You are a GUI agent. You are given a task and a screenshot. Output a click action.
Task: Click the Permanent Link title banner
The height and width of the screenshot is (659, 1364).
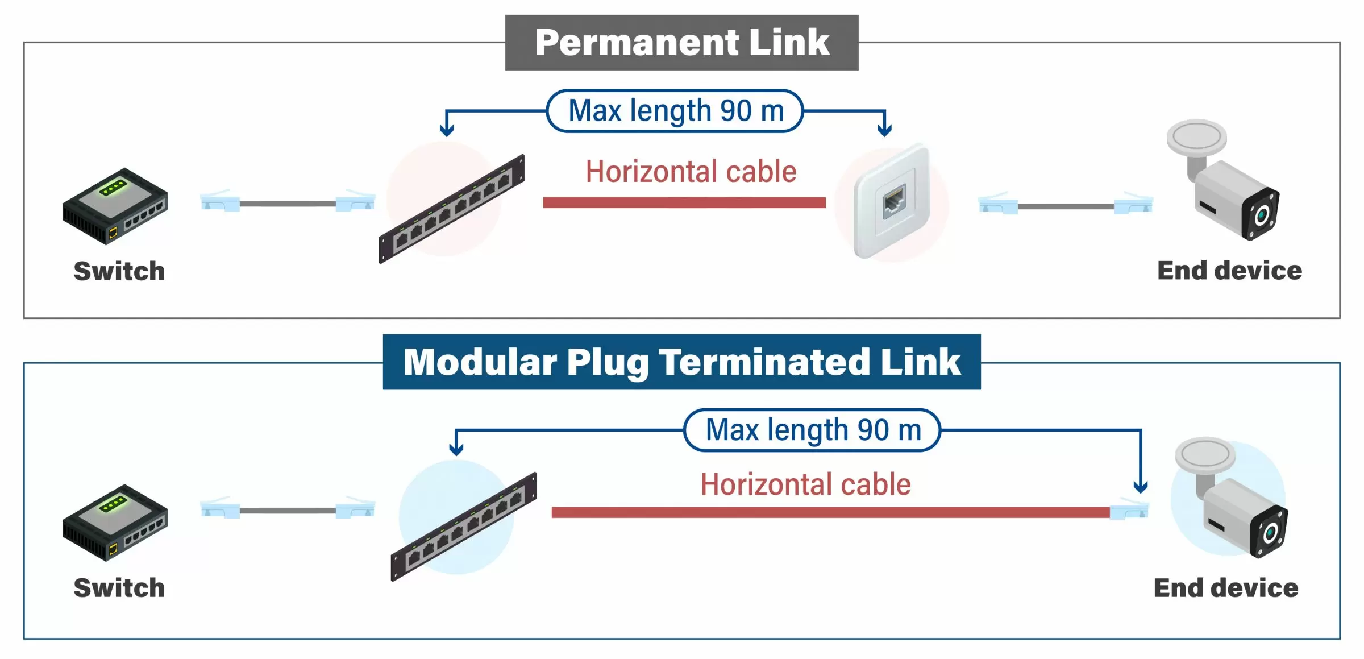[681, 43]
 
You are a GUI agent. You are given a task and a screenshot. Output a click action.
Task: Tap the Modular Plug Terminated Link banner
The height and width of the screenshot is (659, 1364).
[681, 362]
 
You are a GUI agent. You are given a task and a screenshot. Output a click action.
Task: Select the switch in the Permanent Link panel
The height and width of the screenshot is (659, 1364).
[115, 206]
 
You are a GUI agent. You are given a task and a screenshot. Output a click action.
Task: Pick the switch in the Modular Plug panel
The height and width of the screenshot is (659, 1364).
[115, 523]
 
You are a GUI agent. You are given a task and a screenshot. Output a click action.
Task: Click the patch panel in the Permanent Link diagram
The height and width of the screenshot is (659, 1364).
[452, 209]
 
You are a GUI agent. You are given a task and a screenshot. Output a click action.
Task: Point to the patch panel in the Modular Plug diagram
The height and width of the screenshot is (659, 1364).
[464, 527]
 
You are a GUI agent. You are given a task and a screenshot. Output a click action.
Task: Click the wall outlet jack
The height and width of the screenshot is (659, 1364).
[893, 202]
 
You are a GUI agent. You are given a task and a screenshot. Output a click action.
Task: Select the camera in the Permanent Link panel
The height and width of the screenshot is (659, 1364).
[1228, 182]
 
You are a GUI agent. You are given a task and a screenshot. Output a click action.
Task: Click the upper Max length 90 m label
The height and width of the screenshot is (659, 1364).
[675, 111]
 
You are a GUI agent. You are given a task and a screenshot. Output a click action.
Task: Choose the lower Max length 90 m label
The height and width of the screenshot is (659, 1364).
[813, 430]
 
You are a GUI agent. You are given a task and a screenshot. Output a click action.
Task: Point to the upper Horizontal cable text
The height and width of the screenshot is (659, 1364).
[691, 172]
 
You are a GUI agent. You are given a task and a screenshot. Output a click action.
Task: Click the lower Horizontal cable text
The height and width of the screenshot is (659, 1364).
[805, 485]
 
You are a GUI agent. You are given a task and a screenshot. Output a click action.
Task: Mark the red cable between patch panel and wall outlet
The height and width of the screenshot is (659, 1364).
[684, 202]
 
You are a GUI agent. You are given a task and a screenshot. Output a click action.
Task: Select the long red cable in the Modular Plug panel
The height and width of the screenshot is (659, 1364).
[830, 512]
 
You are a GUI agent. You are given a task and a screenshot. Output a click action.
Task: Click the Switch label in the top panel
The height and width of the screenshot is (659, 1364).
[119, 271]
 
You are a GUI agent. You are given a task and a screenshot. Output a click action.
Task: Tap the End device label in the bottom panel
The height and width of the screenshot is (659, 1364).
[1226, 588]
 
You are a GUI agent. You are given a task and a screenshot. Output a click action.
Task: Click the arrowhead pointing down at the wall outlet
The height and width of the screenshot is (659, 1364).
[884, 130]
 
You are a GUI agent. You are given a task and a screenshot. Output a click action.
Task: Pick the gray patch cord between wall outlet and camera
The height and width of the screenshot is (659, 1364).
[1066, 206]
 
